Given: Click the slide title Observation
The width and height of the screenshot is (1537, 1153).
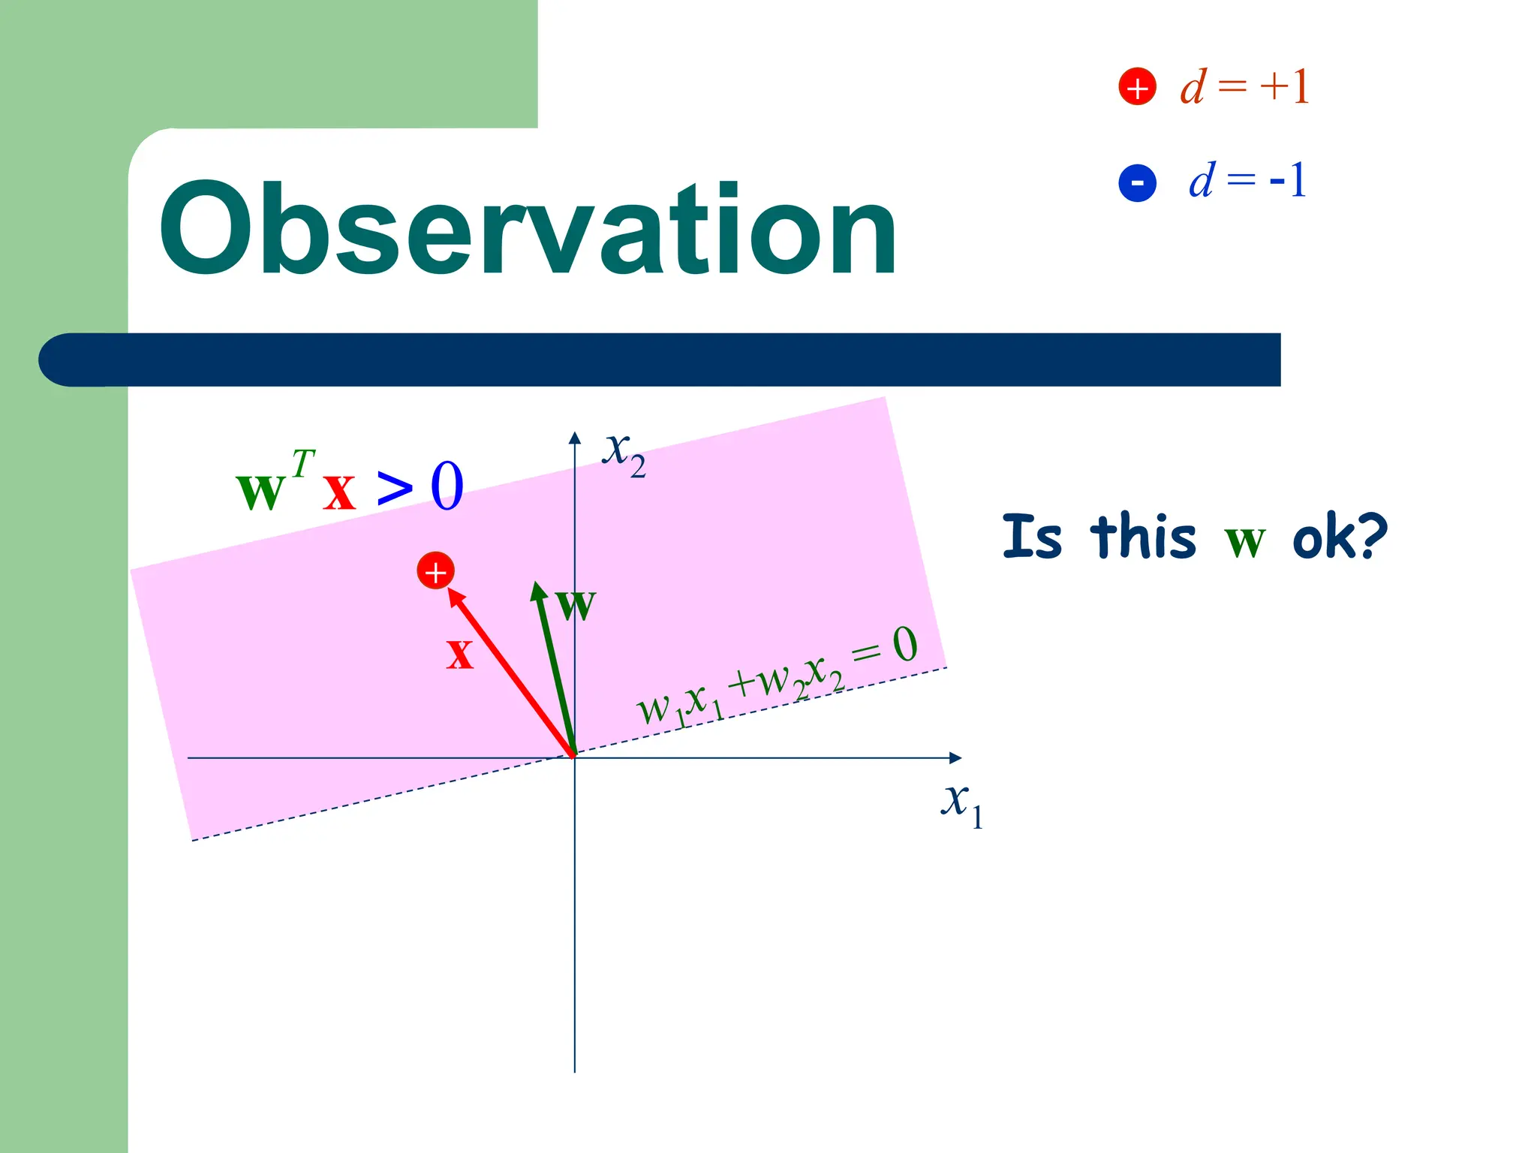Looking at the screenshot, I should click(x=527, y=230).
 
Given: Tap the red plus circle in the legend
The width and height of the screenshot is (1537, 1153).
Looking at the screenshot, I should click(x=1137, y=87).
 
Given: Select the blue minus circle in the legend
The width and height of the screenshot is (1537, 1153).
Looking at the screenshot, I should click(x=1137, y=182).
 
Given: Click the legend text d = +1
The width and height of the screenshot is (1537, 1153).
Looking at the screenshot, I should click(x=1244, y=87).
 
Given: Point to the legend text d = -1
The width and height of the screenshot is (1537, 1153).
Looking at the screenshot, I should click(x=1247, y=181).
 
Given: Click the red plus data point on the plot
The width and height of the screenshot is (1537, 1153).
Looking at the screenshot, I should click(x=435, y=571).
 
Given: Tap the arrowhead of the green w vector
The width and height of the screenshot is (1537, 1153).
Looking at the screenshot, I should click(x=537, y=592).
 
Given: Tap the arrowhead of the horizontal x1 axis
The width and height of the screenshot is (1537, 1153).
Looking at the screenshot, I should click(x=955, y=758).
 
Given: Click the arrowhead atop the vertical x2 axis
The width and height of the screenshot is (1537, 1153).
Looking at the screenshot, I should click(x=575, y=438).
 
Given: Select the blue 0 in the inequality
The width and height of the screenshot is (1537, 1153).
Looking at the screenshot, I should click(x=447, y=486).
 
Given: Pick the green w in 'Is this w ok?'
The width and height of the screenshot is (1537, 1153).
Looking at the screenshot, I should click(x=1244, y=540).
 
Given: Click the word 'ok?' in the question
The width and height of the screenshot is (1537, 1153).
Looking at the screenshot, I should click(x=1340, y=537).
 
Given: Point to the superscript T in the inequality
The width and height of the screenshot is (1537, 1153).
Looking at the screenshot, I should click(x=303, y=463).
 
